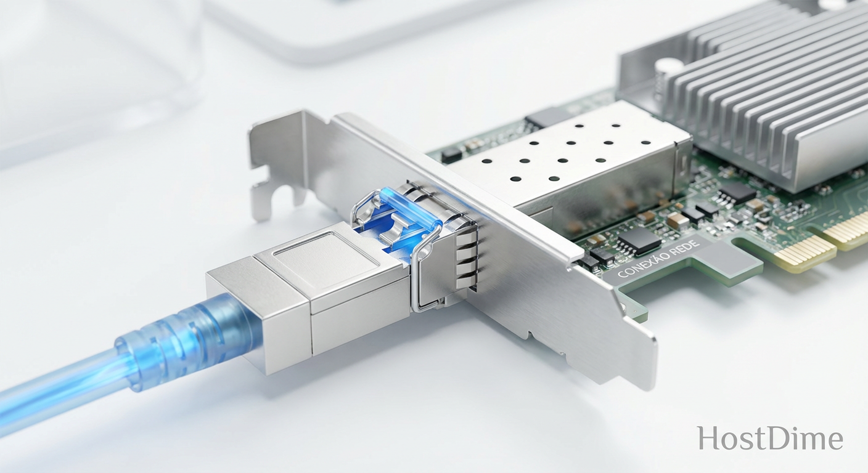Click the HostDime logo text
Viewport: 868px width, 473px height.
click(x=770, y=439)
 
